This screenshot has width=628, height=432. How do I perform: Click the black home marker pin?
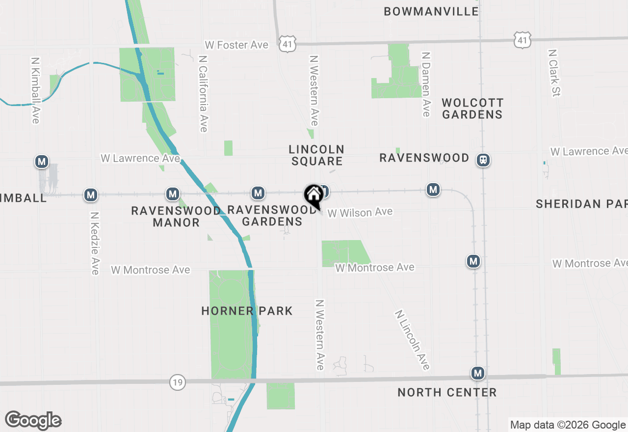314,195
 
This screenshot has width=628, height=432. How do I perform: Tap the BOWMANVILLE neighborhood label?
431,11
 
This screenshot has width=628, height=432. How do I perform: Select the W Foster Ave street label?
237,45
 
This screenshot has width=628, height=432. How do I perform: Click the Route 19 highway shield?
178,382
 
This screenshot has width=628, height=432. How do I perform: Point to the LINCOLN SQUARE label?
316,155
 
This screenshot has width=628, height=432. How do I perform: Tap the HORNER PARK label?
247,311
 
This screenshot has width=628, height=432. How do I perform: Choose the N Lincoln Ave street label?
412,340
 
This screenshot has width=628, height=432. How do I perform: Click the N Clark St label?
554,73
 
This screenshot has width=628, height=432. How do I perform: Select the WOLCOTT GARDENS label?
472,108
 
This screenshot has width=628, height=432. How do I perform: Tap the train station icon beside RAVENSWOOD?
484,160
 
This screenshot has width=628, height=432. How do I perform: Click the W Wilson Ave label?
360,213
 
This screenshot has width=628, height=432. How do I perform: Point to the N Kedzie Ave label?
95,243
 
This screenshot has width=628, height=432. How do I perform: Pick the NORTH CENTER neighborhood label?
447,392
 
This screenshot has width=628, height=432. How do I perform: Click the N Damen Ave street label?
426,84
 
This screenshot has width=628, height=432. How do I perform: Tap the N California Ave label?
203,93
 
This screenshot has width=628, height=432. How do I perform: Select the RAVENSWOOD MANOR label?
176,216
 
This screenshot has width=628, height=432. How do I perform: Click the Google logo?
33,421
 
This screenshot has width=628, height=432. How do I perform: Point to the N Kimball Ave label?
35,90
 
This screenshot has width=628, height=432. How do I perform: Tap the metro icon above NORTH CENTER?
478,374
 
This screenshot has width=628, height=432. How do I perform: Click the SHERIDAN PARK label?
581,204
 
